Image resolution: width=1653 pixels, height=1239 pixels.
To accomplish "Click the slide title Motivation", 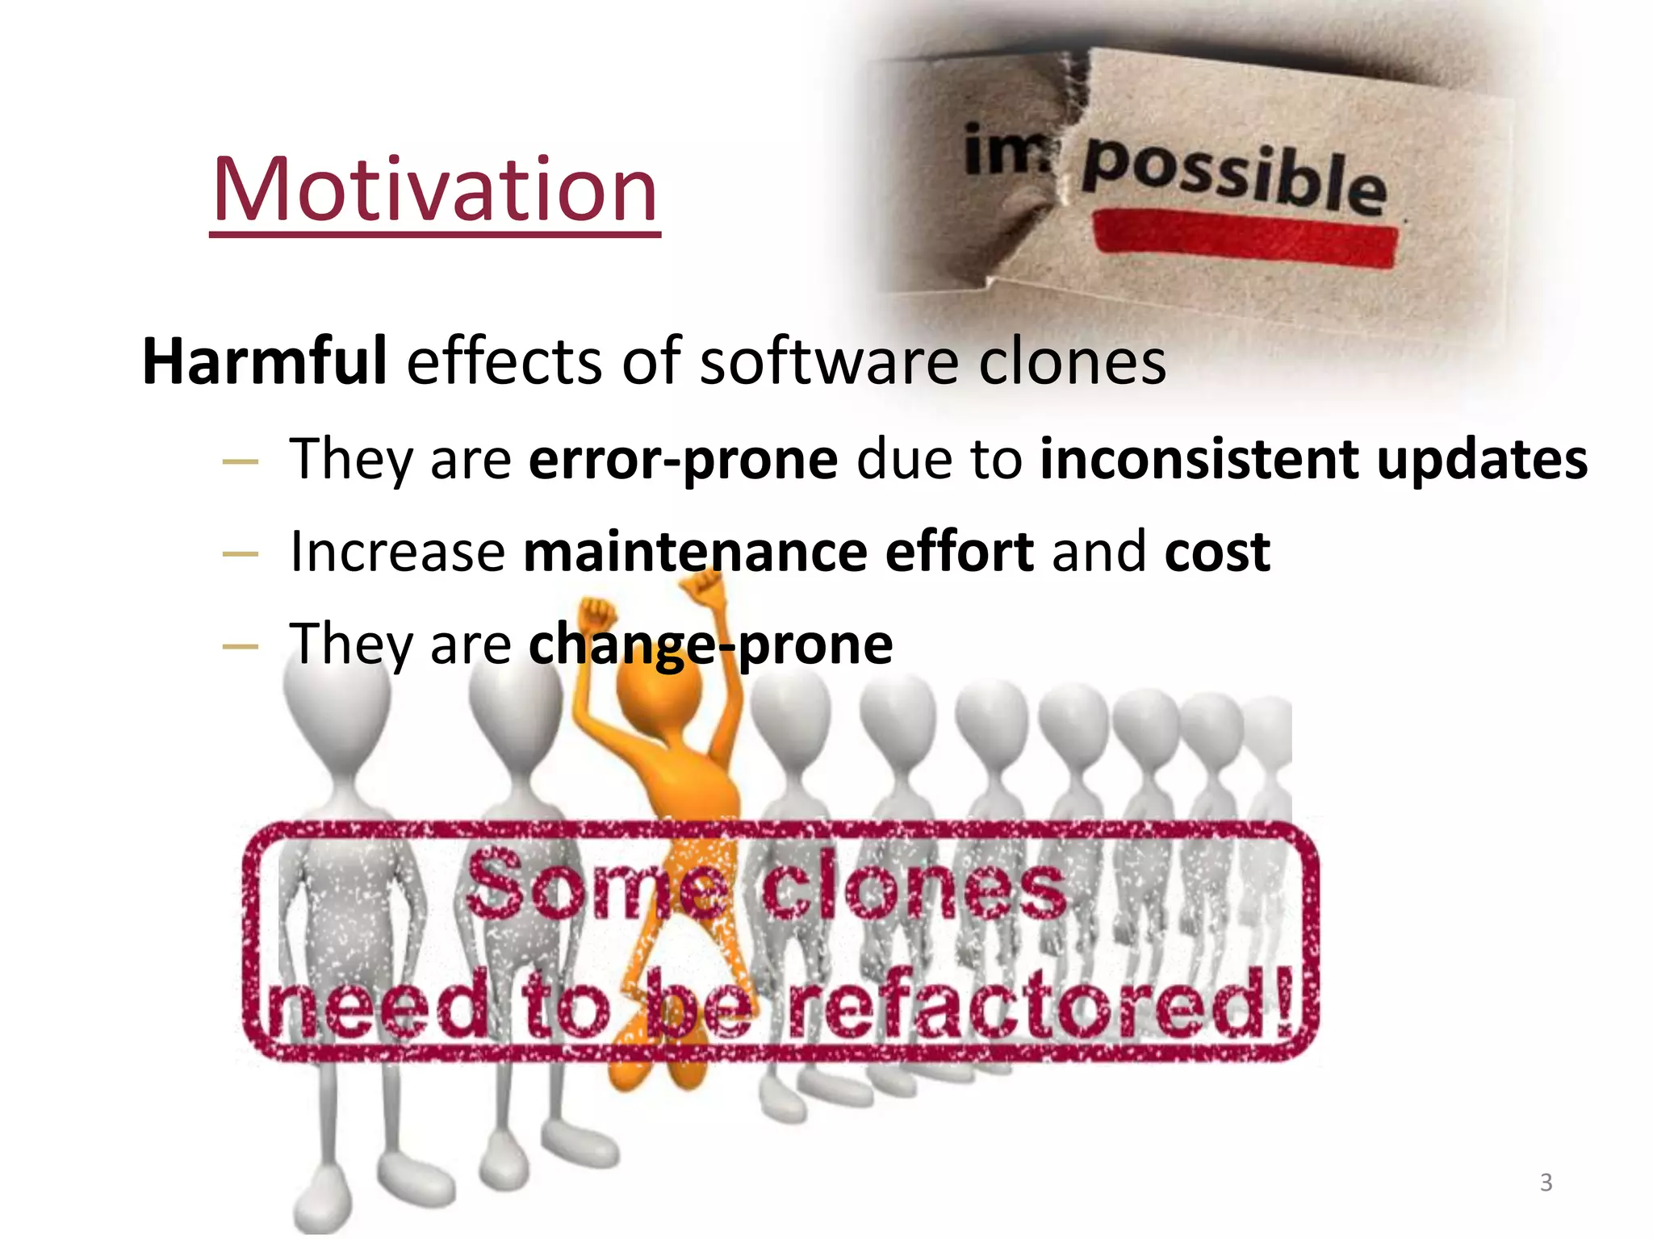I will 435,190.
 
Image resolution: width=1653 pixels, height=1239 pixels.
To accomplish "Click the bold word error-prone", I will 683,460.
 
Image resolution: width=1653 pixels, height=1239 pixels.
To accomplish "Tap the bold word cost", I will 1217,553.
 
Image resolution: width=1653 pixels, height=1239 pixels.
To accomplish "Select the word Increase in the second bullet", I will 397,553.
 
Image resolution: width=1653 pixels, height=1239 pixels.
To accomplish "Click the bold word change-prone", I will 710,645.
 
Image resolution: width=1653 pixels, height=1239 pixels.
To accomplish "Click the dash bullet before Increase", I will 240,554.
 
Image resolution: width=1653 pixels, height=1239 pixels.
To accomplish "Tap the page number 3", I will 1546,1183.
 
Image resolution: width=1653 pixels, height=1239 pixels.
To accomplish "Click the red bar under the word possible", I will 1245,237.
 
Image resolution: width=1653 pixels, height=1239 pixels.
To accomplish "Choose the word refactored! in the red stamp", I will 1041,1004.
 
